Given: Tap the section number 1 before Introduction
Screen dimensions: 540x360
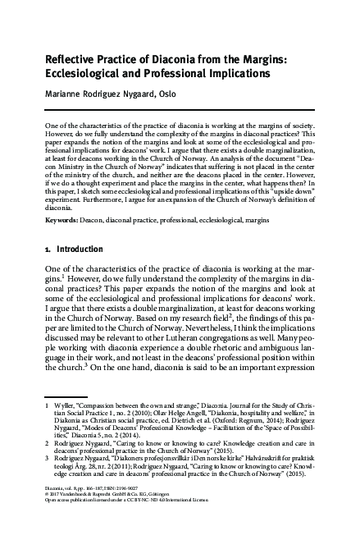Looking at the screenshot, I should click(46, 246).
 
